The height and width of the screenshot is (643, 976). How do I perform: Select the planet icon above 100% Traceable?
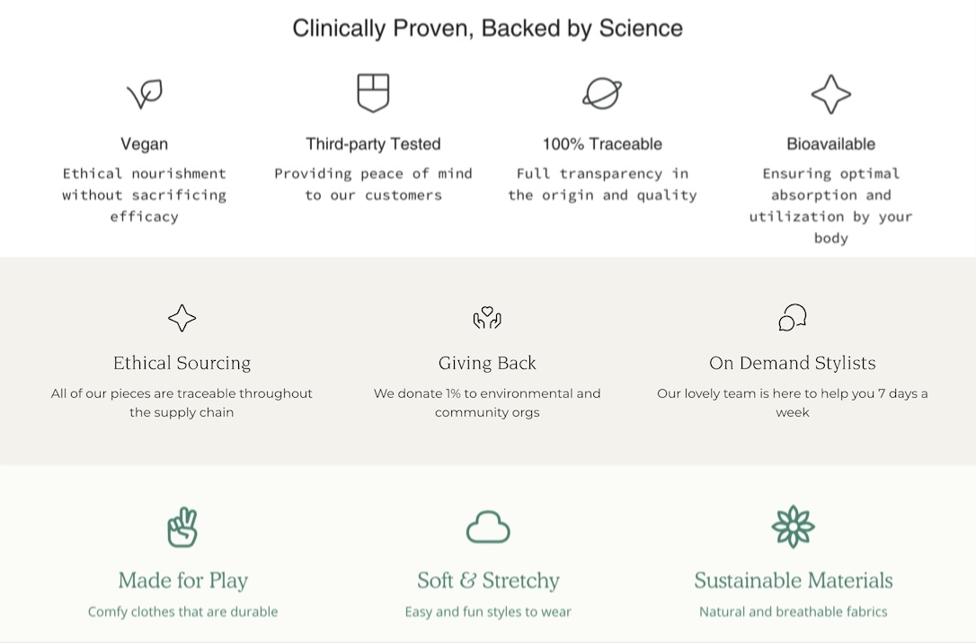tap(602, 93)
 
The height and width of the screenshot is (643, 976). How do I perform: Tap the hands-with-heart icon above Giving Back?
tap(487, 318)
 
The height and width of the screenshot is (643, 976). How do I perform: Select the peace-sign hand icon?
tap(182, 527)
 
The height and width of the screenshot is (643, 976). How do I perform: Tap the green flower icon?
tap(793, 527)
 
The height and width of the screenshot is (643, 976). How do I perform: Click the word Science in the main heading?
tap(641, 29)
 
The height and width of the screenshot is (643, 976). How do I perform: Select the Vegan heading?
tap(145, 145)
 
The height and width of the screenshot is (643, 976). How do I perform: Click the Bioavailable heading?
tap(831, 145)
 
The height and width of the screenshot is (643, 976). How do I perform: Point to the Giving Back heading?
tap(487, 363)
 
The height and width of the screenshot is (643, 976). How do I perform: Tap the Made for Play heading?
tap(183, 581)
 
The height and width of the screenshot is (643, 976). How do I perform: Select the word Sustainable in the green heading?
tap(742, 580)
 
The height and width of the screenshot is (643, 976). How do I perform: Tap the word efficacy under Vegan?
tap(145, 217)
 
